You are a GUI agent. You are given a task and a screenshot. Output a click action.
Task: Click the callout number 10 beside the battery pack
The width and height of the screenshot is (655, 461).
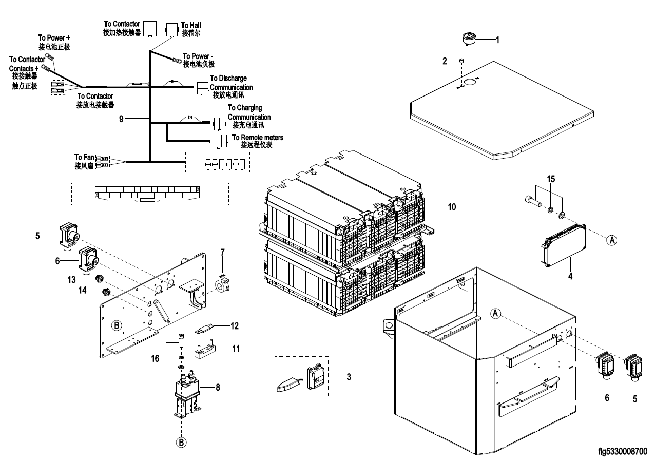pos(452,207)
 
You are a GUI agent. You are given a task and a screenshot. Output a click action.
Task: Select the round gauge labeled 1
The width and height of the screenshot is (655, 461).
pos(470,39)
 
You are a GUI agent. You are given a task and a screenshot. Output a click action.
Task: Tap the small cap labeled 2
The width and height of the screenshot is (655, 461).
pos(461,61)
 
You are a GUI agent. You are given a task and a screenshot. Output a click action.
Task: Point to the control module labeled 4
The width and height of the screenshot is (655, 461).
pos(564,246)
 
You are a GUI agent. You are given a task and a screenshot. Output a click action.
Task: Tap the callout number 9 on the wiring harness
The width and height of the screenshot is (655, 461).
pos(121,119)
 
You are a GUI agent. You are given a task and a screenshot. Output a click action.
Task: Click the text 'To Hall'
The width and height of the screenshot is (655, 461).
pos(191,25)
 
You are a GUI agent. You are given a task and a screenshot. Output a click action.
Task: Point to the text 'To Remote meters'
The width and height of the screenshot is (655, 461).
pos(258,137)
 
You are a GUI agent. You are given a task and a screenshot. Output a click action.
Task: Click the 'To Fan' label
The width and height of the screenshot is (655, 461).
pos(84,158)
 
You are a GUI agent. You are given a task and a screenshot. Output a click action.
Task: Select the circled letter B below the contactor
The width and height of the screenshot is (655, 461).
pos(181,443)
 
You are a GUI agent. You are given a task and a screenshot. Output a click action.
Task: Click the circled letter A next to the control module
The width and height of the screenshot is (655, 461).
pos(612,240)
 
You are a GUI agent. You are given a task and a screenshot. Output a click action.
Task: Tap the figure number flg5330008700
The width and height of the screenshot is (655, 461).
pos(623,451)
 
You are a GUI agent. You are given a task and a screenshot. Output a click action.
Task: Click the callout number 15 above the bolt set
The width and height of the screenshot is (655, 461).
pos(551,179)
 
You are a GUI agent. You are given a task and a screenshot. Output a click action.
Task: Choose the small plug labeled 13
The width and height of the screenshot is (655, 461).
pos(100,279)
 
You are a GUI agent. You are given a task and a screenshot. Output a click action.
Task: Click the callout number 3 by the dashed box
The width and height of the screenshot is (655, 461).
pos(349,377)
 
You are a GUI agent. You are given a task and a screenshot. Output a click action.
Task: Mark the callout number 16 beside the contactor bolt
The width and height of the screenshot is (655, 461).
pos(155,358)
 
